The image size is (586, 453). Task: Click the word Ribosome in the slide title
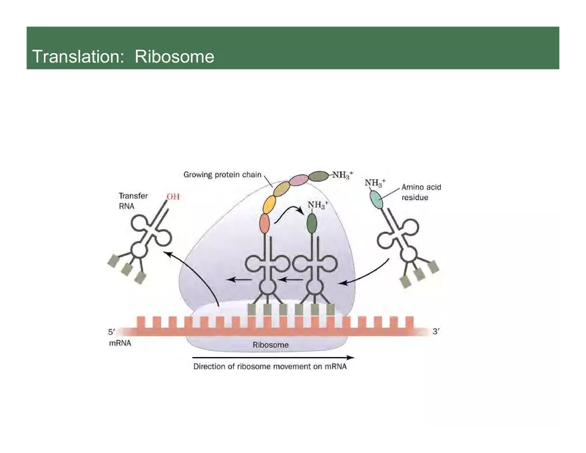pyautogui.click(x=174, y=57)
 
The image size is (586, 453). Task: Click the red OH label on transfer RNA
pyautogui.click(x=173, y=197)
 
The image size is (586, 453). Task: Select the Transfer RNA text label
pyautogui.click(x=133, y=201)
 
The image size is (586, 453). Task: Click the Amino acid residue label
pyautogui.click(x=421, y=193)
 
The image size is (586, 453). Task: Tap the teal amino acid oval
pyautogui.click(x=377, y=199)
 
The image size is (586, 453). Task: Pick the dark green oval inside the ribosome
pyautogui.click(x=312, y=223)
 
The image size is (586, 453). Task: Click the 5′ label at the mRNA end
pyautogui.click(x=112, y=331)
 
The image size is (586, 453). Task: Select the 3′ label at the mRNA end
pyautogui.click(x=436, y=331)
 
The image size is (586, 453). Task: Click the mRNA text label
pyautogui.click(x=120, y=344)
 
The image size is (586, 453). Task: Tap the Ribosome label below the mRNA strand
pyautogui.click(x=270, y=345)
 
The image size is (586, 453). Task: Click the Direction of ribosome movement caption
pyautogui.click(x=270, y=366)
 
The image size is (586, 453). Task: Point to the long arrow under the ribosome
pyautogui.click(x=273, y=357)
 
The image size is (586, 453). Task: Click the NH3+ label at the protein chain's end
pyautogui.click(x=343, y=176)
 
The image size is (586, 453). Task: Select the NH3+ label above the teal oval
pyautogui.click(x=375, y=183)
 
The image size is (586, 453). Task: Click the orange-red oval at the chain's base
pyautogui.click(x=264, y=223)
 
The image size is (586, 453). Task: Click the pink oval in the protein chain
pyautogui.click(x=299, y=179)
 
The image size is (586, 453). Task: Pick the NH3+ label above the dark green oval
pyautogui.click(x=318, y=204)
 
